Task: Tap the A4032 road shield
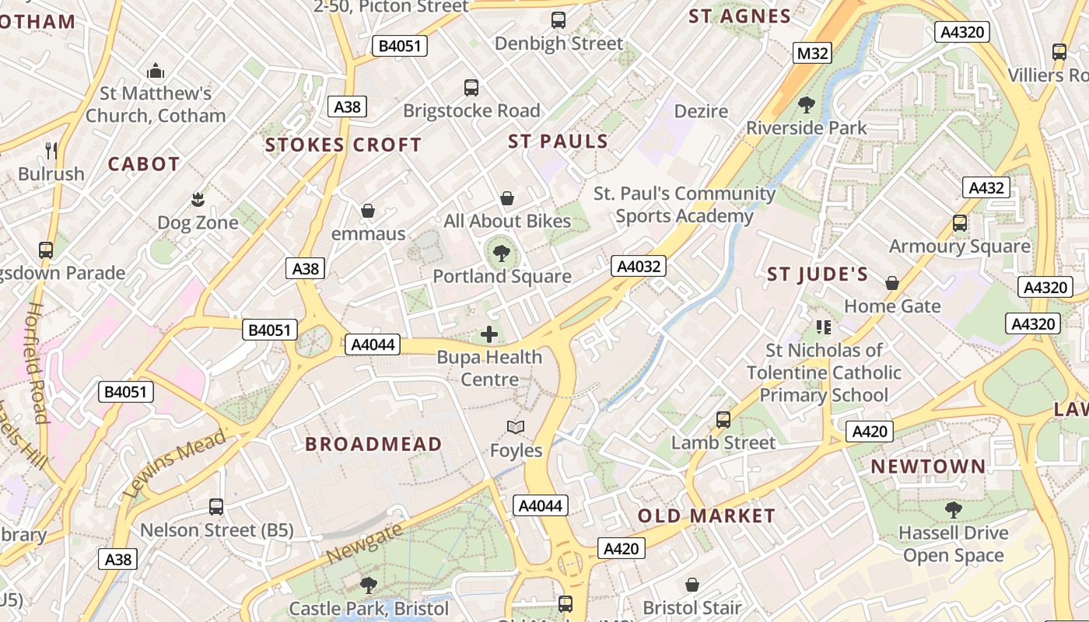click(x=638, y=267)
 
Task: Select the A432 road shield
click(x=986, y=187)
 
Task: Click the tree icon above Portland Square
click(x=502, y=252)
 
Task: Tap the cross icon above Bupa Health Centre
click(x=489, y=334)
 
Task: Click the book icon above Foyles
click(x=515, y=427)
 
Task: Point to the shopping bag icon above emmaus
click(x=368, y=211)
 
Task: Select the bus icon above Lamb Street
click(x=723, y=420)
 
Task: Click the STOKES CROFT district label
click(x=343, y=145)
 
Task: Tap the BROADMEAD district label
click(x=373, y=444)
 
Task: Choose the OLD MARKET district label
click(x=706, y=515)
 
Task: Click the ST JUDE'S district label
click(x=818, y=274)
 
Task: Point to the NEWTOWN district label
click(x=928, y=466)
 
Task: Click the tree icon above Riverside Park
click(x=807, y=104)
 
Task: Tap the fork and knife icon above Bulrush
click(x=51, y=150)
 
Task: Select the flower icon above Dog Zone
click(x=198, y=199)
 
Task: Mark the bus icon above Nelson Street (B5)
click(x=216, y=507)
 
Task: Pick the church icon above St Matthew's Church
click(x=156, y=71)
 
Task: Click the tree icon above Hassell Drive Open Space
click(x=953, y=510)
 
